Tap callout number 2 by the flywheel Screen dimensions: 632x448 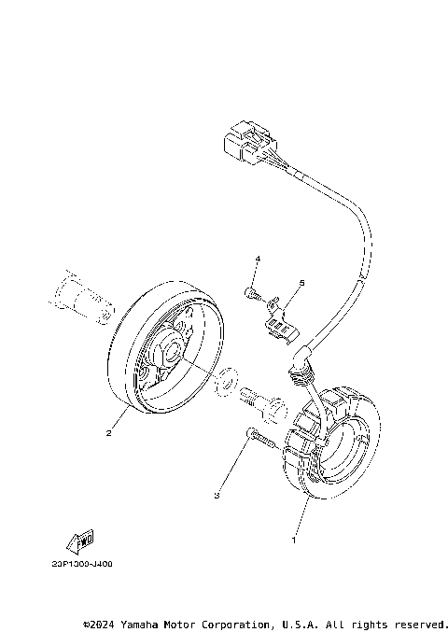[x=109, y=431]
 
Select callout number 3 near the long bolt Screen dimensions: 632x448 [x=217, y=495]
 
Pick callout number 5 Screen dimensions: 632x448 [x=302, y=281]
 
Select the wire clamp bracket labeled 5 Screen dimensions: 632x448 [x=279, y=320]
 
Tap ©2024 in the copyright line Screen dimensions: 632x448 [x=99, y=623]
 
